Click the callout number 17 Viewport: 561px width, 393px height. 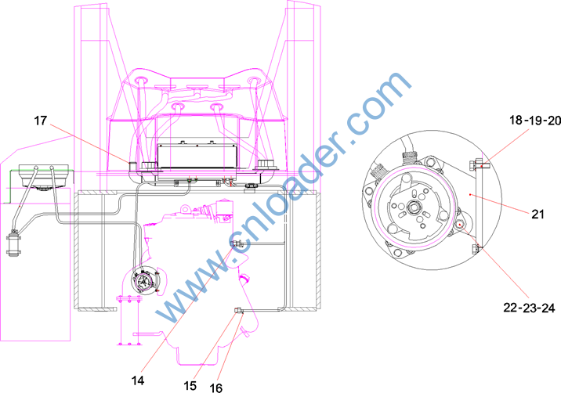tap(41, 121)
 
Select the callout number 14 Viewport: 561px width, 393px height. tap(138, 380)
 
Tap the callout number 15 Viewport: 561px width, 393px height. tap(190, 385)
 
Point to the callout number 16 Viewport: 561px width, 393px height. tap(215, 388)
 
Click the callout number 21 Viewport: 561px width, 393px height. tap(537, 215)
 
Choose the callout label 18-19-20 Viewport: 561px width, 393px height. tap(535, 121)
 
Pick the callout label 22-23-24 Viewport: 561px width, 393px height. tap(529, 308)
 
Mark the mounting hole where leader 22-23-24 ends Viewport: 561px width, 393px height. tap(459, 225)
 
